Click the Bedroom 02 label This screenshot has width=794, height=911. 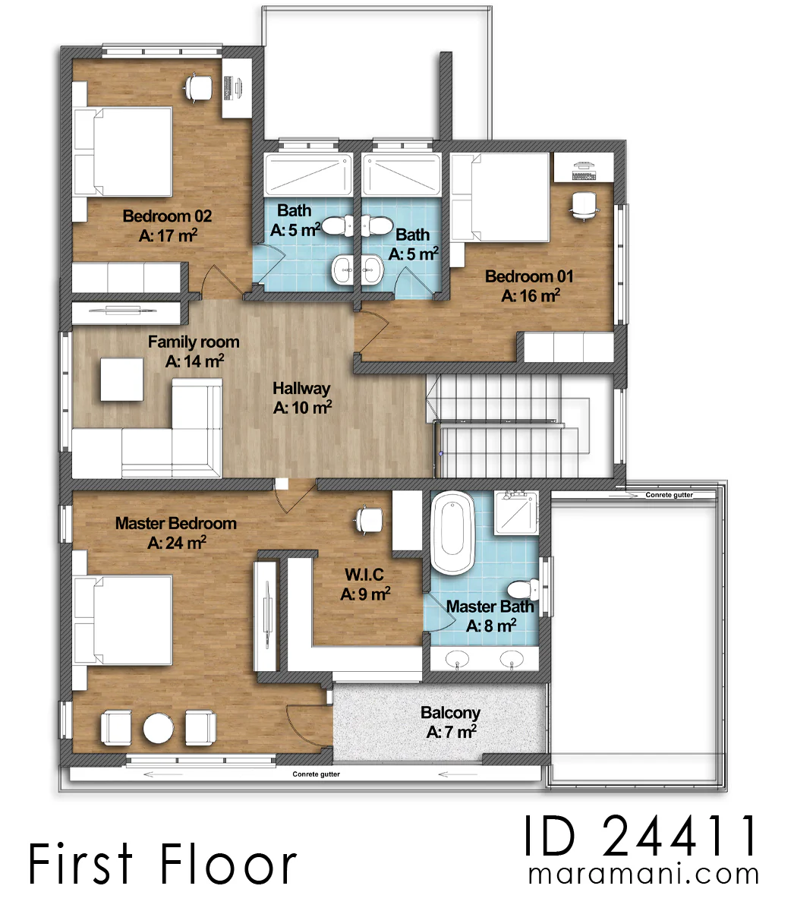(x=167, y=216)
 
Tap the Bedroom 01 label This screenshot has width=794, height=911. (x=529, y=276)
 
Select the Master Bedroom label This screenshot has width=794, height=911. (x=176, y=524)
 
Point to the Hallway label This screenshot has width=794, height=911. (x=301, y=389)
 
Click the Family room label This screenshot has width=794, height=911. (x=194, y=342)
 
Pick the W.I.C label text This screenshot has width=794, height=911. (x=364, y=575)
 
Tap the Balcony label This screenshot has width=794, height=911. (x=450, y=713)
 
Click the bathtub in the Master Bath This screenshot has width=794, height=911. (x=452, y=533)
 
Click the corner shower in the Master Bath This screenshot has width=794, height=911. (x=516, y=512)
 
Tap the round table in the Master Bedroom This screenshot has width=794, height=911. (x=159, y=729)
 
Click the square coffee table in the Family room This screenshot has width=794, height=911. (x=122, y=380)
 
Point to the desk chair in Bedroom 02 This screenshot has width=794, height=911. (x=198, y=88)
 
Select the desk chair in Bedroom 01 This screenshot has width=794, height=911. (x=583, y=206)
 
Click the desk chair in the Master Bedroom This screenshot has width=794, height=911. (x=369, y=519)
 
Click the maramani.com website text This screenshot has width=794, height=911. (x=643, y=875)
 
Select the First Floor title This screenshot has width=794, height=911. (x=162, y=863)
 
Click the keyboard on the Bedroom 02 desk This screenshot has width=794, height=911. (x=228, y=88)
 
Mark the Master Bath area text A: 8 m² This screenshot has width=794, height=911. (x=491, y=626)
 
